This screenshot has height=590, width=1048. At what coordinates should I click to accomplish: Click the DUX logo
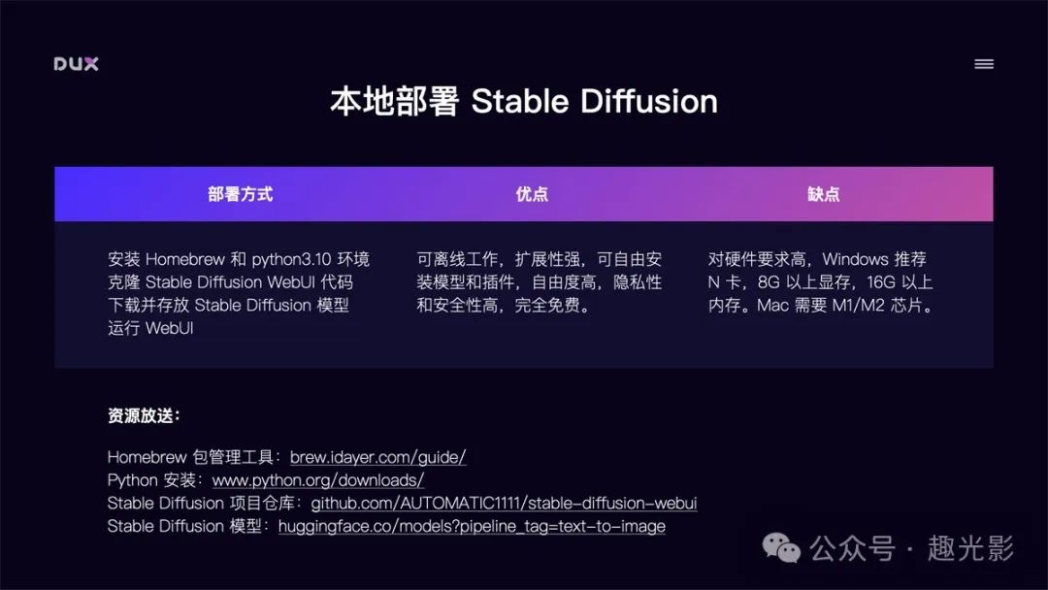pyautogui.click(x=77, y=64)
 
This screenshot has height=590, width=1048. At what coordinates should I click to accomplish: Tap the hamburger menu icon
pyautogui.click(x=984, y=64)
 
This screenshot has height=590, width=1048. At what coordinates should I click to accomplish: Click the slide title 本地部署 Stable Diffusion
pyautogui.click(x=524, y=102)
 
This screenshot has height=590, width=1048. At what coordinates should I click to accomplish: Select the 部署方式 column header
pyautogui.click(x=240, y=194)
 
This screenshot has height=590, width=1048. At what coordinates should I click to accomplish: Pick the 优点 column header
pyautogui.click(x=532, y=194)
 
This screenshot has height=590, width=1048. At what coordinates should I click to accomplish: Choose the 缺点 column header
pyautogui.click(x=824, y=194)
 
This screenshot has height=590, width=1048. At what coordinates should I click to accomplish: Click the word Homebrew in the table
pyautogui.click(x=185, y=259)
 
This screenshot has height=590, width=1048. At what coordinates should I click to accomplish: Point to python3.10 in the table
pyautogui.click(x=291, y=259)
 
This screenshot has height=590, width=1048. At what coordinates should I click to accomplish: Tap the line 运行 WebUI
pyautogui.click(x=150, y=328)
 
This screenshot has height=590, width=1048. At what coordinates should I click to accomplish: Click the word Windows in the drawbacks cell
pyautogui.click(x=856, y=259)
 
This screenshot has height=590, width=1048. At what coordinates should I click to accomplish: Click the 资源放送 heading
pyautogui.click(x=144, y=415)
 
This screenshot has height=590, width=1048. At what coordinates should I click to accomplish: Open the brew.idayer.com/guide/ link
pyautogui.click(x=378, y=457)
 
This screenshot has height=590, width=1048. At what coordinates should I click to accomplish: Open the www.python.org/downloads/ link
pyautogui.click(x=318, y=479)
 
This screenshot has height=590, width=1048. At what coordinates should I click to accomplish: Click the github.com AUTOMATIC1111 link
pyautogui.click(x=504, y=503)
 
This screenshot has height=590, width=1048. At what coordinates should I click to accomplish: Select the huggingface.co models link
pyautogui.click(x=472, y=527)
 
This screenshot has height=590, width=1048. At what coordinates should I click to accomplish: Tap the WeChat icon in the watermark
pyautogui.click(x=781, y=548)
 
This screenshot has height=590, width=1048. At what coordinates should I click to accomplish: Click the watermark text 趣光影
pyautogui.click(x=970, y=548)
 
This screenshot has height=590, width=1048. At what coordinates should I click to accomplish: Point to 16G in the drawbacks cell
pyautogui.click(x=881, y=282)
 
